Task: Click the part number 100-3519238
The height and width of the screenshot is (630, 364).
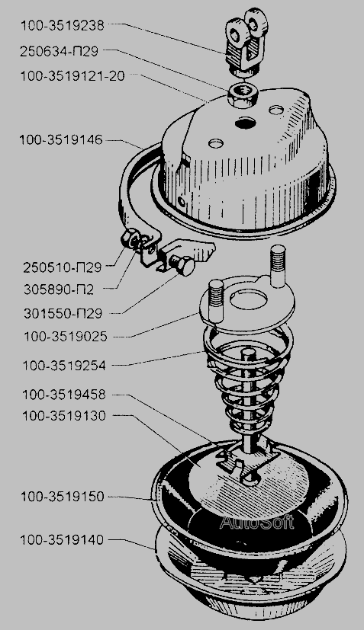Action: click(x=63, y=26)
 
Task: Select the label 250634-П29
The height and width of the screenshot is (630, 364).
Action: click(x=60, y=51)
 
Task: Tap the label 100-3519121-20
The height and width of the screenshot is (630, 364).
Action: click(x=73, y=76)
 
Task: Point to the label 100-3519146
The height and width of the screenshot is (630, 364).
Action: click(x=61, y=140)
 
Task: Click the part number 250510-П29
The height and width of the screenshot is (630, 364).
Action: click(x=62, y=267)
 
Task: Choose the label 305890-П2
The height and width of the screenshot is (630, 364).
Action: click(x=59, y=289)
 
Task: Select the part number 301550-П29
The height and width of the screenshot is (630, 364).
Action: click(x=63, y=313)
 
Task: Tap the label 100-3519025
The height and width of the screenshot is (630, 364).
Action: click(x=66, y=336)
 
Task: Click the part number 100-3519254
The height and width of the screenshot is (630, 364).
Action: click(x=64, y=366)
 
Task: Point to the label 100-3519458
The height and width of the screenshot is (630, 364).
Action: click(x=64, y=395)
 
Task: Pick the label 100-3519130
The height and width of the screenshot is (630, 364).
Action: click(x=64, y=415)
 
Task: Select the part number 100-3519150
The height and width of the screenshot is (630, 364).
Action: click(x=63, y=497)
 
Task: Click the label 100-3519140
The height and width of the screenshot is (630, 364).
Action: click(x=62, y=540)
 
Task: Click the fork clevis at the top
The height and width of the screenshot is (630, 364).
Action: click(x=246, y=40)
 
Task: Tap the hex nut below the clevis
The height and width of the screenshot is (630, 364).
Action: click(x=243, y=96)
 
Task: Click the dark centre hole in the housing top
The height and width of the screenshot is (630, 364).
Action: click(x=246, y=123)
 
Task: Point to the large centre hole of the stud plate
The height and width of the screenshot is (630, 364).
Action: click(x=249, y=299)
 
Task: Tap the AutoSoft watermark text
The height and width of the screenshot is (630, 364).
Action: click(x=256, y=522)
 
